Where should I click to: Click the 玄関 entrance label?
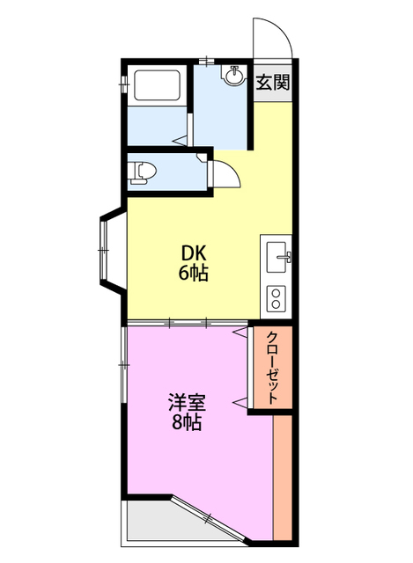(273, 84)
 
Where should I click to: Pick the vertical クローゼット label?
(273, 368)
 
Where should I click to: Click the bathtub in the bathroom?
(158, 87)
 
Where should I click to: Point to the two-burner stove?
(277, 297)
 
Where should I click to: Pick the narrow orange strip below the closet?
(283, 475)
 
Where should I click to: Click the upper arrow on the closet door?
(240, 333)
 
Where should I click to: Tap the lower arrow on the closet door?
(239, 402)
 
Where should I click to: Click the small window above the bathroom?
(205, 61)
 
